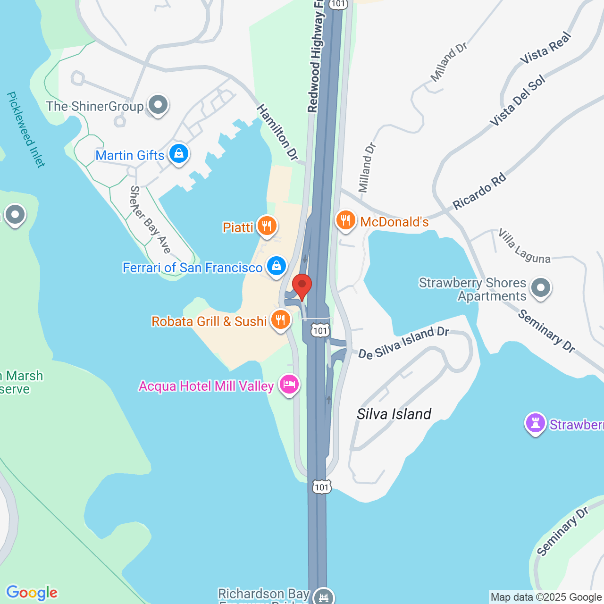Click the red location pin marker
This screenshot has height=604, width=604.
click(302, 285)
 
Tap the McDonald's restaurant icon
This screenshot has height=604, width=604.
click(346, 220)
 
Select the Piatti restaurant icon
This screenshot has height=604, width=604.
click(267, 226)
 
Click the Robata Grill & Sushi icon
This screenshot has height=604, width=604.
click(281, 320)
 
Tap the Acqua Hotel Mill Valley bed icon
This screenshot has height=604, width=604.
click(289, 385)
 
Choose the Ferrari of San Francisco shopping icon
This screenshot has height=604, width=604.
click(277, 266)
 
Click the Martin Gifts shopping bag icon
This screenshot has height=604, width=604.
click(179, 153)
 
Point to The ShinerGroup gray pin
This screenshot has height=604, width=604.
click(158, 105)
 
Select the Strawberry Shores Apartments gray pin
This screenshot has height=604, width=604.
click(541, 287)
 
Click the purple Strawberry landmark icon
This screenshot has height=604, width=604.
click(536, 423)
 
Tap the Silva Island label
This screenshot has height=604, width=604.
click(394, 414)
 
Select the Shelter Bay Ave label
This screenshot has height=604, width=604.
click(150, 219)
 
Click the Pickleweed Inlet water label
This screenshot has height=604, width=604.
click(26, 130)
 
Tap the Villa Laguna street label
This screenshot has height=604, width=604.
click(524, 246)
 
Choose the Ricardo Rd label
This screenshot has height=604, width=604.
click(479, 192)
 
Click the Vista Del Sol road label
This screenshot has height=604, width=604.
click(518, 101)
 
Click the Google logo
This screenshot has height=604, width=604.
click(32, 593)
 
